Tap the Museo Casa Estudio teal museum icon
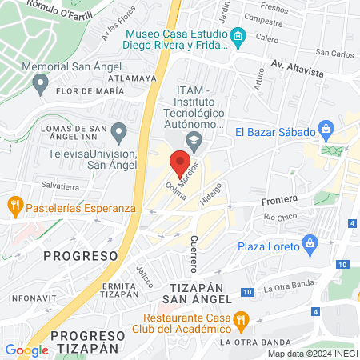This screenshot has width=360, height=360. (x=238, y=37)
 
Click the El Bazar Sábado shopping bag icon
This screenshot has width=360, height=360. (x=326, y=129)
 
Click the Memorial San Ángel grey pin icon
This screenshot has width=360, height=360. (x=39, y=82)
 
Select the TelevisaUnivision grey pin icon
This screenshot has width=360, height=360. (x=119, y=130)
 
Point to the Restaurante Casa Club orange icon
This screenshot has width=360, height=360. (x=244, y=319)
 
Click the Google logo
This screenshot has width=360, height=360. (x=26, y=350)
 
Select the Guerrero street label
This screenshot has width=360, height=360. (x=194, y=253)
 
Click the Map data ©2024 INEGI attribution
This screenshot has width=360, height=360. (x=312, y=354)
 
